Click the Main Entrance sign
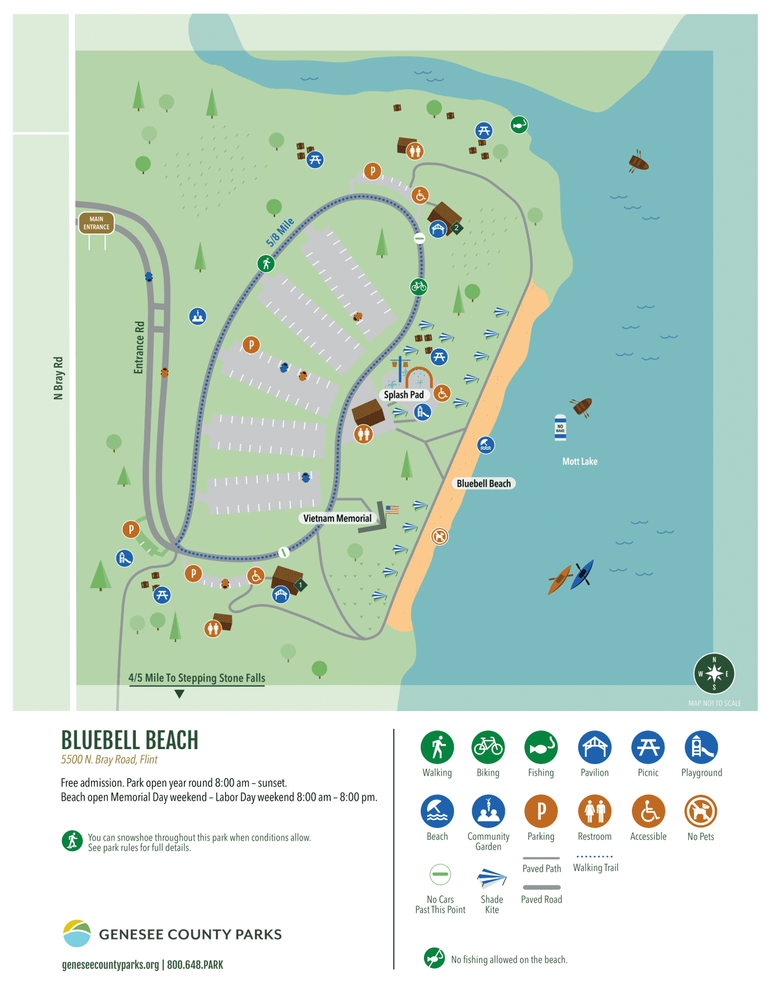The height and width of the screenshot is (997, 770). (96, 223)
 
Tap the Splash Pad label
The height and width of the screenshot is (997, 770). (404, 395)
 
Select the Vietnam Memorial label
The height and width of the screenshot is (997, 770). (337, 518)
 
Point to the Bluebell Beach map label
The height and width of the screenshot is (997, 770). (483, 483)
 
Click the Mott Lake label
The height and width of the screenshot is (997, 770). (579, 461)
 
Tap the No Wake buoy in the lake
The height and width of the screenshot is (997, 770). (560, 427)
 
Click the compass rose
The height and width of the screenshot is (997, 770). (714, 673)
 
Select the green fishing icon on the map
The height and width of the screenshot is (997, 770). (519, 125)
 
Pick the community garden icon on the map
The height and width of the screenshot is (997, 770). (197, 316)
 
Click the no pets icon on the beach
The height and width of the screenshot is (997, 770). (439, 536)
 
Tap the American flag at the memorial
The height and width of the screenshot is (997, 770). (392, 509)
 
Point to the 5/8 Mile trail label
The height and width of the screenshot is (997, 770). (280, 232)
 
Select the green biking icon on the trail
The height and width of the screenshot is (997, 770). (419, 287)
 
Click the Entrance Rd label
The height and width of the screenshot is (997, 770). (139, 347)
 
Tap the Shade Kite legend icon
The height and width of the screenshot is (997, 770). (491, 878)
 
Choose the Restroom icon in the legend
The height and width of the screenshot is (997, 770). (594, 811)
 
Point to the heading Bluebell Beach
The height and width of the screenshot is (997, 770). (129, 740)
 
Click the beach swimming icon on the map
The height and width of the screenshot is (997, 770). (486, 445)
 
